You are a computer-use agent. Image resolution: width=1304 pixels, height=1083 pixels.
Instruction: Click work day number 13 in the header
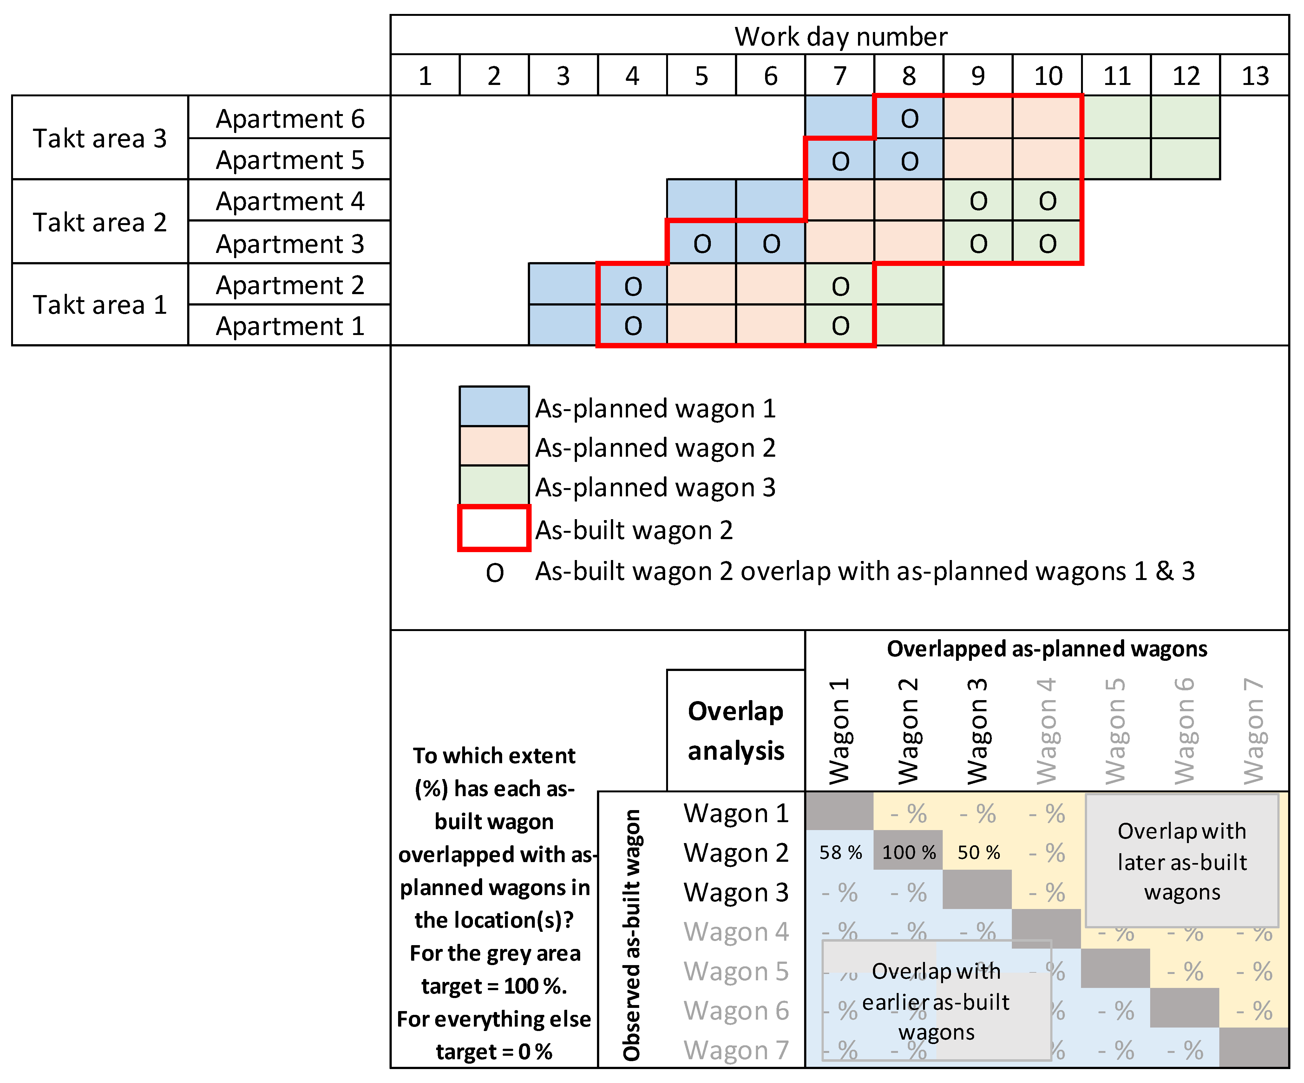pos(1254,76)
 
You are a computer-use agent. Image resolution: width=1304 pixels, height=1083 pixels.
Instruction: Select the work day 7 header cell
pos(840,76)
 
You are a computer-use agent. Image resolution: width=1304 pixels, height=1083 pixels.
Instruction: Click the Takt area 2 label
pos(100,222)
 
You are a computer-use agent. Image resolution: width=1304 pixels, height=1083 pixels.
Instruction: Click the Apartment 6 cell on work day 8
pos(909,118)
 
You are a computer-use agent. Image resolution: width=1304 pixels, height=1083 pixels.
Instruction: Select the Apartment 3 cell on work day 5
pos(702,243)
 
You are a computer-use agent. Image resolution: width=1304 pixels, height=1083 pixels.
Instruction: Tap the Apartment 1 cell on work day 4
pos(632,325)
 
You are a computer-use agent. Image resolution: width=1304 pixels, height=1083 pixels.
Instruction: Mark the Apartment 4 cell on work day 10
pos(1047,200)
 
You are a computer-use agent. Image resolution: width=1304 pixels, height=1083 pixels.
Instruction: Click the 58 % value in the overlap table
pos(840,852)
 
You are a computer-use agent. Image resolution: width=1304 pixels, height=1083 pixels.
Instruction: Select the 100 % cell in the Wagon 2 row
pos(908,852)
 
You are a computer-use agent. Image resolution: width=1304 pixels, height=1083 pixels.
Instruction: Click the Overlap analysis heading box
pos(736,731)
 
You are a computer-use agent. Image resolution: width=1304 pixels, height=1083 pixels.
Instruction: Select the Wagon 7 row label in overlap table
pos(736,1050)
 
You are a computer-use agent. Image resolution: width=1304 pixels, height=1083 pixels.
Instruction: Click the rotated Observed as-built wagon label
pos(632,934)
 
